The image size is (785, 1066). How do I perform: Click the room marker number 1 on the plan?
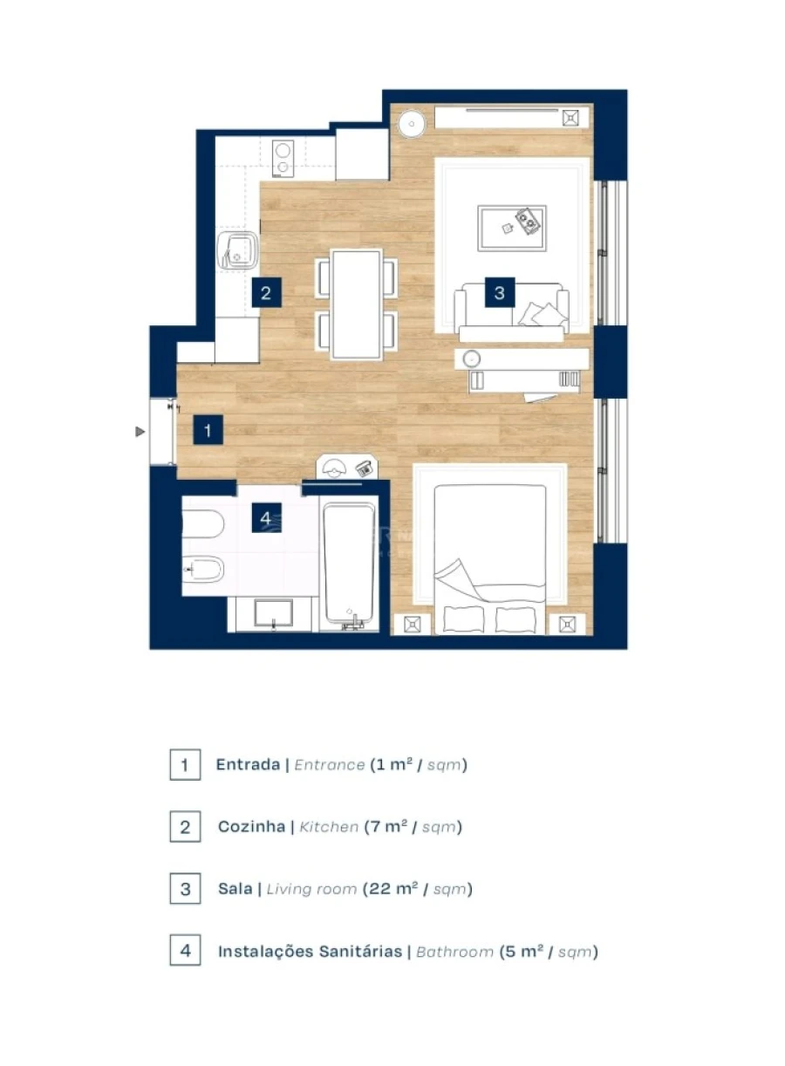click(x=208, y=430)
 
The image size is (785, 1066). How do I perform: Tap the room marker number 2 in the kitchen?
click(x=266, y=293)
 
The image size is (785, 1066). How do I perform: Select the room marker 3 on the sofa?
click(x=499, y=293)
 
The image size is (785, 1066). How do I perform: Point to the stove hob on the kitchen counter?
click(x=283, y=159)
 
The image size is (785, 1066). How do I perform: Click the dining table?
click(x=356, y=304)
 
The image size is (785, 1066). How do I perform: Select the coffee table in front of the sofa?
click(x=511, y=227)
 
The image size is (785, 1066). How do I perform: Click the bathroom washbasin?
click(x=274, y=613)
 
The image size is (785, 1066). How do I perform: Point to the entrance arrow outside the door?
click(x=139, y=431)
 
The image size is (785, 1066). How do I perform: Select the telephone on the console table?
click(x=365, y=468)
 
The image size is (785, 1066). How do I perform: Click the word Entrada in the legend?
click(x=248, y=765)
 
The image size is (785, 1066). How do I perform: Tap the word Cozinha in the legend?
click(x=251, y=827)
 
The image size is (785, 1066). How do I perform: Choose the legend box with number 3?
click(x=185, y=889)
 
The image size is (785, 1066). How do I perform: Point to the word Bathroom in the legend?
click(x=454, y=952)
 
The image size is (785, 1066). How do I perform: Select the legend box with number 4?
click(x=185, y=951)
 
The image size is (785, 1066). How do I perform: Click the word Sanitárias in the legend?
click(x=360, y=952)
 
